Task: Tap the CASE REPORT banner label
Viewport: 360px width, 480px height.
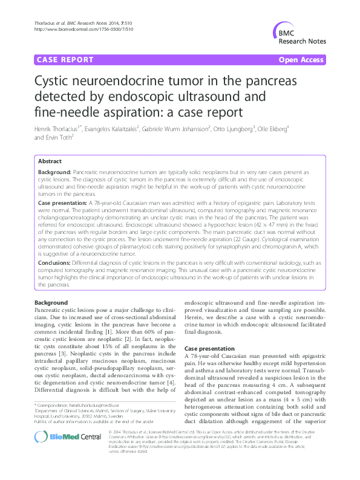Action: (65, 60)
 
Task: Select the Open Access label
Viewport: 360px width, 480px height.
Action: (302, 60)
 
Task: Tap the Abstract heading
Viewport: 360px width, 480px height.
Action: (50, 162)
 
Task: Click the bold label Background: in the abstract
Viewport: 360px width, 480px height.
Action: (58, 172)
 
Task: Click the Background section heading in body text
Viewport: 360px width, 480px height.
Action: (51, 302)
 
